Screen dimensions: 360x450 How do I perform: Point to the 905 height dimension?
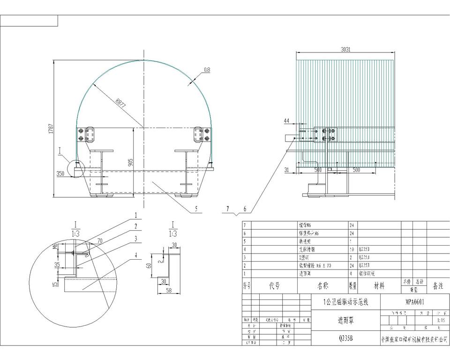coord(131,162)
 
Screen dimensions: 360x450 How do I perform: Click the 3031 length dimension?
coord(345,49)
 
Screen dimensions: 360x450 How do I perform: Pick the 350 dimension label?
coord(60,173)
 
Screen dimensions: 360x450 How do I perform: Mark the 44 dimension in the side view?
coord(287,121)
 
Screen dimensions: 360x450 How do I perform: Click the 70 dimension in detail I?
coord(99,241)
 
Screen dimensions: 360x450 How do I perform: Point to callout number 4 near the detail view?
coord(136,255)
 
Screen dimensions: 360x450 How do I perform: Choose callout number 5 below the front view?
coord(197,208)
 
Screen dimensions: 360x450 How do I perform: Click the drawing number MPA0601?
coord(415,302)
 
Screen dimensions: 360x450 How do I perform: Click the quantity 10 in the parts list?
coord(352,249)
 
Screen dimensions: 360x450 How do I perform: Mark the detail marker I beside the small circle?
coord(60,149)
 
